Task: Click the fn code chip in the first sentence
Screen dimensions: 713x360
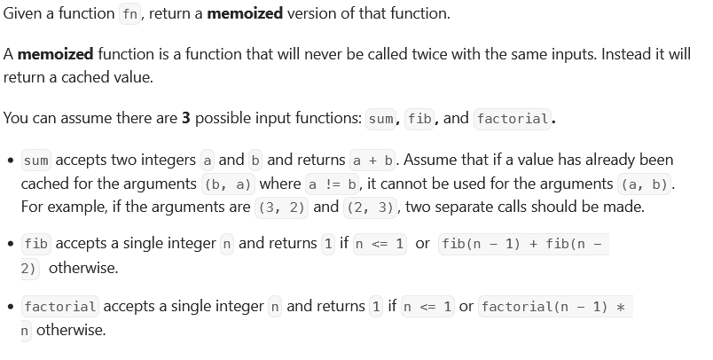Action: (129, 14)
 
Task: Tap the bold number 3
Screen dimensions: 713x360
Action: (186, 118)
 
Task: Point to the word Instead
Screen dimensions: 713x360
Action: (626, 54)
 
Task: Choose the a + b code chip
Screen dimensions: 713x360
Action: (373, 160)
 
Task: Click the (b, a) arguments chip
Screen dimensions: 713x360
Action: (227, 184)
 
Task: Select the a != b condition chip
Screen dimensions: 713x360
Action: (330, 184)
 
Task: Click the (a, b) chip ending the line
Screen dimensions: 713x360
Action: (646, 184)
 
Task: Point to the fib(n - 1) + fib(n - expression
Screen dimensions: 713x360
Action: (524, 243)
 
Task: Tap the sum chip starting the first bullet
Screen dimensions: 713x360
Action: (35, 160)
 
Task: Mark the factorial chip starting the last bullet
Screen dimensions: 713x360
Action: (60, 307)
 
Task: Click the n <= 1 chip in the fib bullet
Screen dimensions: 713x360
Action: (380, 243)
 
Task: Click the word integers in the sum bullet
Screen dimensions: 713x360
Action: (166, 160)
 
